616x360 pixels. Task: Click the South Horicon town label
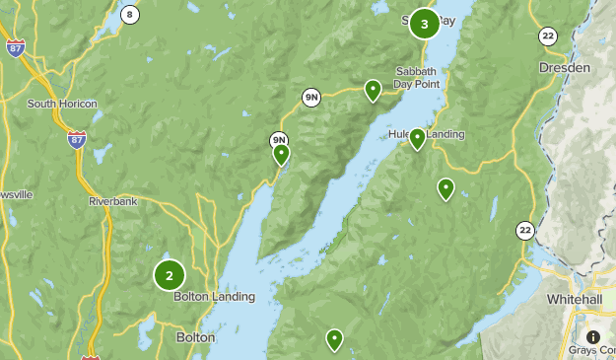pyautogui.click(x=62, y=104)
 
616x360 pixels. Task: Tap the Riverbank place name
pyautogui.click(x=111, y=201)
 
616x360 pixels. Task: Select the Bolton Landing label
pyautogui.click(x=214, y=296)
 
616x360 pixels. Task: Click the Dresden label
pyautogui.click(x=565, y=68)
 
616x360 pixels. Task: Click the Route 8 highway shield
pyautogui.click(x=130, y=14)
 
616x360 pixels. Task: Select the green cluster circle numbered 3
pyautogui.click(x=424, y=24)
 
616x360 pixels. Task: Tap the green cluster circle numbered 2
pyautogui.click(x=170, y=275)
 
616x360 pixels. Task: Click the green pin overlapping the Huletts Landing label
pyautogui.click(x=417, y=138)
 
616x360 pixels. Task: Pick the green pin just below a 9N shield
pyautogui.click(x=281, y=154)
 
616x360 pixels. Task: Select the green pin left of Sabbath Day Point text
pyautogui.click(x=373, y=90)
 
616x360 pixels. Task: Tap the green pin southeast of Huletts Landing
pyautogui.click(x=445, y=187)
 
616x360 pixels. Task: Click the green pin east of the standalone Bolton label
pyautogui.click(x=335, y=339)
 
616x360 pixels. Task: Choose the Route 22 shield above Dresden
pyautogui.click(x=548, y=36)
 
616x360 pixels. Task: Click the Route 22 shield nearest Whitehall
pyautogui.click(x=524, y=231)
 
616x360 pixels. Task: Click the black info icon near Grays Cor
pyautogui.click(x=594, y=336)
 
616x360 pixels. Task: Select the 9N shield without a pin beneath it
pyautogui.click(x=311, y=97)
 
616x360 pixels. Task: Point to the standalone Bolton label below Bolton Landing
pyautogui.click(x=195, y=337)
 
